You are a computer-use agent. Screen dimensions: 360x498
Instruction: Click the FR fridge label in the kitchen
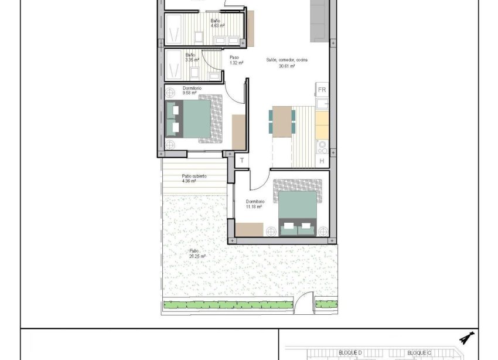coord(322,90)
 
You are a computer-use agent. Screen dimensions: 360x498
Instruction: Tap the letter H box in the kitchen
coord(322,161)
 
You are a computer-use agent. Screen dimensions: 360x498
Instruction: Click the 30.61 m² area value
coord(286,66)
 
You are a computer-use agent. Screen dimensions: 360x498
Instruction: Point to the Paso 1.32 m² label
coord(234,60)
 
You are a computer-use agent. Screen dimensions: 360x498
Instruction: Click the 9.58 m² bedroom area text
coord(174,93)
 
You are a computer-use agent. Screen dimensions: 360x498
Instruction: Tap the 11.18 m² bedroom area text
coord(254,207)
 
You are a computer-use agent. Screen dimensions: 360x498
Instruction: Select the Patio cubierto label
coord(194,176)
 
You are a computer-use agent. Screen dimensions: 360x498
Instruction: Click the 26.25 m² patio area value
coord(197,256)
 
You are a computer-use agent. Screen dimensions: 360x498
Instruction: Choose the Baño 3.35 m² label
coord(192,57)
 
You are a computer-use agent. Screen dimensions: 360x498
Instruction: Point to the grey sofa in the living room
coord(319,21)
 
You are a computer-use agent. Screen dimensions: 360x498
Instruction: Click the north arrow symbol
coord(467,338)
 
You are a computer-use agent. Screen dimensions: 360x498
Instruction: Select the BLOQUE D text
coord(351,352)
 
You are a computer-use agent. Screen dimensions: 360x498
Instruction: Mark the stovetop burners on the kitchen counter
coord(322,147)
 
